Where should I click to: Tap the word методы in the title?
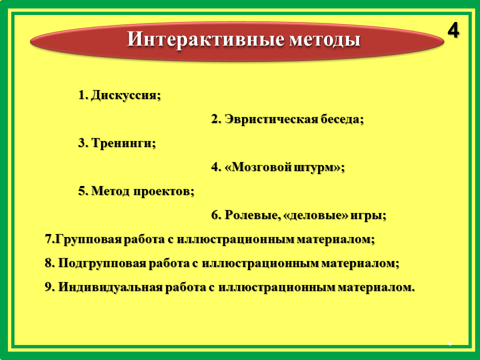(x=325, y=40)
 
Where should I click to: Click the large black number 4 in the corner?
(x=453, y=30)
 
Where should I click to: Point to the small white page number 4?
(x=449, y=343)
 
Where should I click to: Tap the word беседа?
(x=342, y=119)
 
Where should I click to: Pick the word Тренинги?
(x=123, y=143)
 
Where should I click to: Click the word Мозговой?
(x=258, y=167)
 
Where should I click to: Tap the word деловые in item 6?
(x=316, y=215)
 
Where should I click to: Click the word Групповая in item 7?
(x=88, y=239)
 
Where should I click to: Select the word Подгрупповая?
(x=102, y=263)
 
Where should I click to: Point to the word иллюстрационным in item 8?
(x=260, y=263)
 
